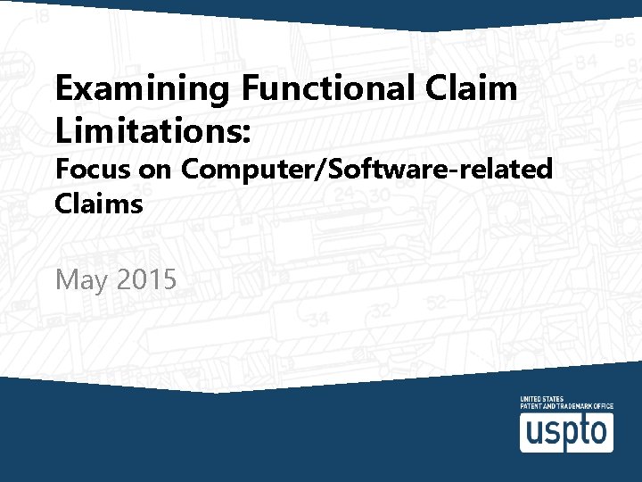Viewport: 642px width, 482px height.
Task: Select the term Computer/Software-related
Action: pyautogui.click(x=367, y=169)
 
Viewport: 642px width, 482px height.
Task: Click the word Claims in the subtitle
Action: pyautogui.click(x=99, y=204)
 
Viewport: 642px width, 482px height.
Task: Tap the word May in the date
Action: pyautogui.click(x=82, y=280)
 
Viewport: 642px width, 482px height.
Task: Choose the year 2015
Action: pyautogui.click(x=146, y=279)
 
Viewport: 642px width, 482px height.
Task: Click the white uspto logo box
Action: pyautogui.click(x=566, y=432)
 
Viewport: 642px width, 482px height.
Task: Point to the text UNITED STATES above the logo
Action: pyautogui.click(x=541, y=399)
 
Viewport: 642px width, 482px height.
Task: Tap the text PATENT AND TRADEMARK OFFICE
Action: pyautogui.click(x=566, y=406)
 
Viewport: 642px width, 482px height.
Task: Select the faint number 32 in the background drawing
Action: pyautogui.click(x=382, y=311)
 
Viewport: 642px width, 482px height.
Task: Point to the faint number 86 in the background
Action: pyautogui.click(x=623, y=41)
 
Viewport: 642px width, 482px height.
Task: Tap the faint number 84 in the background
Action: pyautogui.click(x=585, y=62)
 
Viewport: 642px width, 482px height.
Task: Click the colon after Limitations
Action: pyautogui.click(x=248, y=134)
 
